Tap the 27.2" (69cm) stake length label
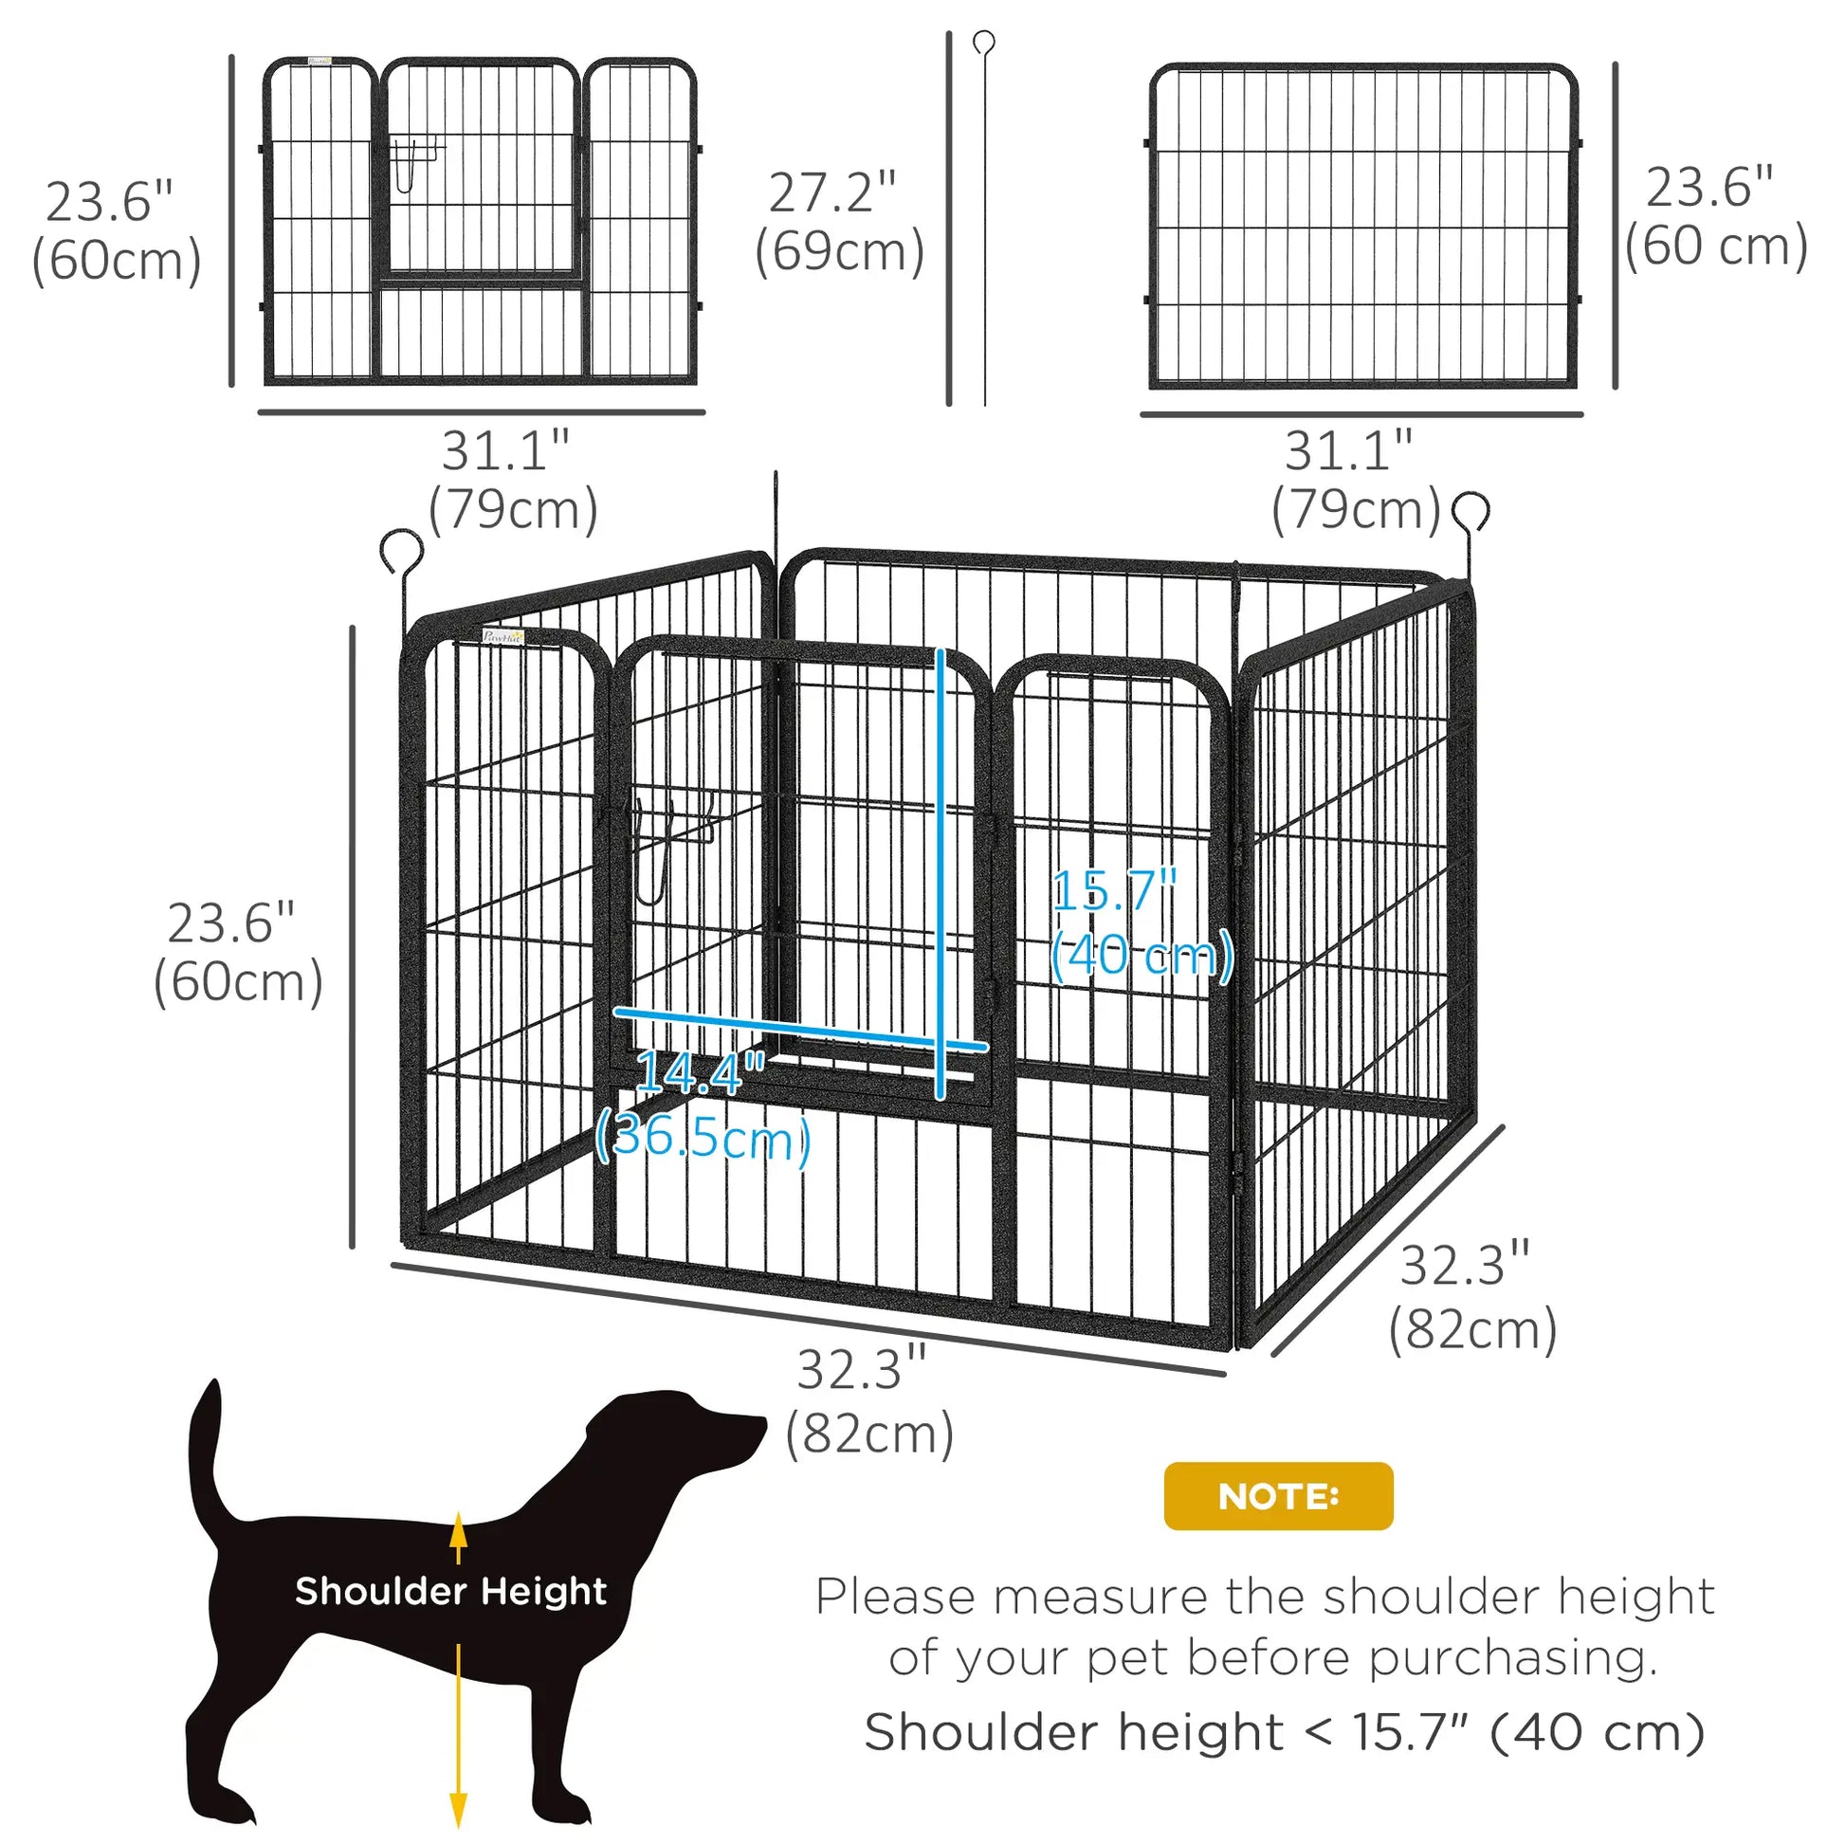coord(838,223)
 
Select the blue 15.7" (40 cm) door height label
coord(1141,923)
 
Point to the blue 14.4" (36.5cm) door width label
coord(703,1105)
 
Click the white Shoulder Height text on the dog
coord(450,1591)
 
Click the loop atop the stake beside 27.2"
coord(983,42)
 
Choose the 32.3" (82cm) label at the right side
coord(1471,1297)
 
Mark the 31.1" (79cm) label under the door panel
coord(511,481)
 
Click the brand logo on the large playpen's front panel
coord(503,637)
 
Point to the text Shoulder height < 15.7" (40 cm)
coord(1284,1731)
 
